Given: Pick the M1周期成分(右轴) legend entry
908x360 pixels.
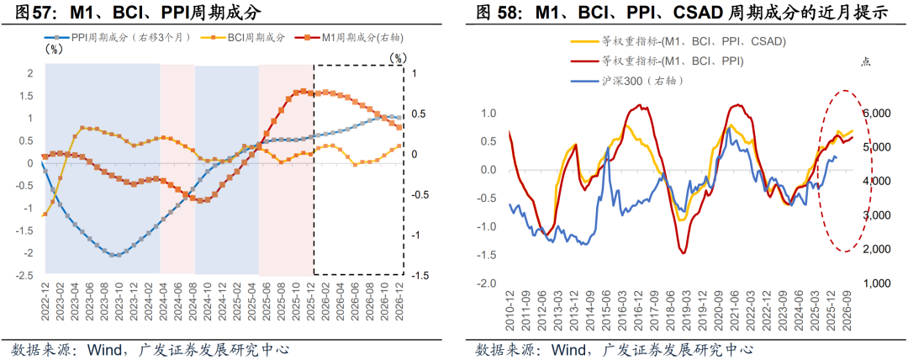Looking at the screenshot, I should (345, 37).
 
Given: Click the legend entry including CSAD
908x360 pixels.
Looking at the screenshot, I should (681, 41).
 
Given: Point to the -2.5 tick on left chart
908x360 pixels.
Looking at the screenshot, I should (24, 275).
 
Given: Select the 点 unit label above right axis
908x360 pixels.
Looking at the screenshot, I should (866, 61).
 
